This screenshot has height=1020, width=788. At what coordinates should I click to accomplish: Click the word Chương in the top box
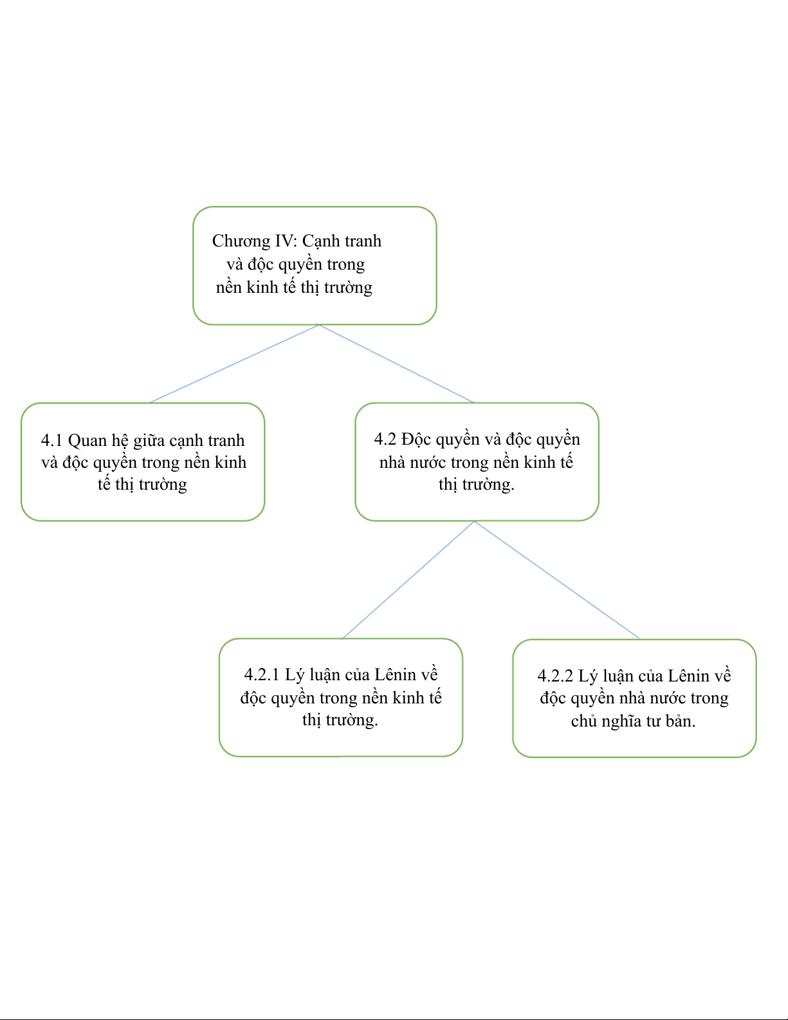241,242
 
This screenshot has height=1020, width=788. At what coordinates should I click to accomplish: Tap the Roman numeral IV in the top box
286,241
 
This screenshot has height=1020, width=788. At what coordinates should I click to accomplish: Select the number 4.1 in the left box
51,440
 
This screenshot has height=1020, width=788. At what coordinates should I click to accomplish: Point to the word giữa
149,441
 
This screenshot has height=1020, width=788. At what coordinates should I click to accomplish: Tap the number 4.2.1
262,674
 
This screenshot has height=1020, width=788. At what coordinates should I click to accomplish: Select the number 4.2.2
555,676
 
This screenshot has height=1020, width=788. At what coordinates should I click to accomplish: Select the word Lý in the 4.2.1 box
295,676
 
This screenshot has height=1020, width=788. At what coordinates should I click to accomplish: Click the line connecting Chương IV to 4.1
234,364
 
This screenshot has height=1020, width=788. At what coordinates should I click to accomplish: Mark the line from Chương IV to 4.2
396,364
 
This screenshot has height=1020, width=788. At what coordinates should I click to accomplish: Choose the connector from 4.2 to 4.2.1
408,580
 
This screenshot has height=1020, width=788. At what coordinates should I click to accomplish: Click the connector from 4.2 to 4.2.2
557,580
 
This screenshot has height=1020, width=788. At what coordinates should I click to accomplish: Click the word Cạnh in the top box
321,242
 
